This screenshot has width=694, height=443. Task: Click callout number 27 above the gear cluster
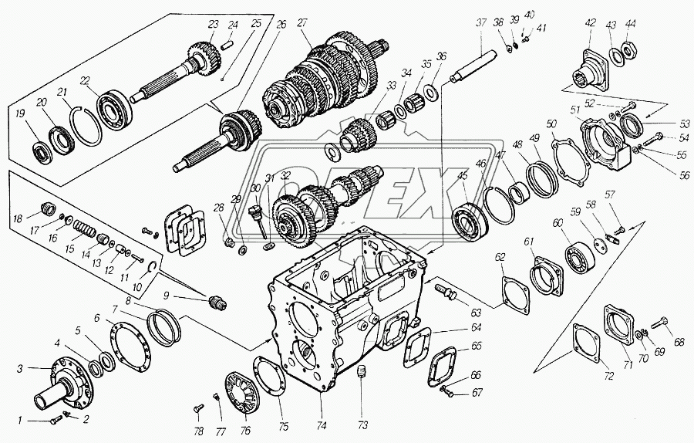pos(302,23)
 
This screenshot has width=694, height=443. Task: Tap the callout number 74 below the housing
pos(322,426)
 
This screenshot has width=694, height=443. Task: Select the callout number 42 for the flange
pos(590,23)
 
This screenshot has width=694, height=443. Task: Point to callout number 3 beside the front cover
pos(19,368)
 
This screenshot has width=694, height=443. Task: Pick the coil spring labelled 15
pos(85,229)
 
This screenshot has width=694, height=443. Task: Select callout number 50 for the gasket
pos(551,123)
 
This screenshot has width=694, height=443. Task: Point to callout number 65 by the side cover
pos(477,346)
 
